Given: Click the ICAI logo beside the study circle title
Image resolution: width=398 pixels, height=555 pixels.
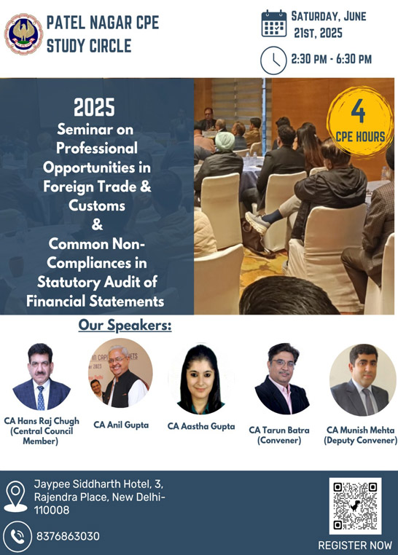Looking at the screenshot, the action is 23,34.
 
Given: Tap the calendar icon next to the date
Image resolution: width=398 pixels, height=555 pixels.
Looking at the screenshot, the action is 273,24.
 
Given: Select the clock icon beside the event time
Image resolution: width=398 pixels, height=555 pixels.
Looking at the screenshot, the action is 273,60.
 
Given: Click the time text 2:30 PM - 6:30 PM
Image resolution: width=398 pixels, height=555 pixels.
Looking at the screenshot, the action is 332,59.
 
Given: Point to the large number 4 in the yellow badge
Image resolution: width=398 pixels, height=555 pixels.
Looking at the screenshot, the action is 358,111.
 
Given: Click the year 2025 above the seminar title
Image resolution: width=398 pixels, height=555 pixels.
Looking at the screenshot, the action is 94,107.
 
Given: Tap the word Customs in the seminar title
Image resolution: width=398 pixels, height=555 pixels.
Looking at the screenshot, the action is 97,205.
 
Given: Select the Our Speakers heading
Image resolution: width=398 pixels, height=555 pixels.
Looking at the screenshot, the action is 125,326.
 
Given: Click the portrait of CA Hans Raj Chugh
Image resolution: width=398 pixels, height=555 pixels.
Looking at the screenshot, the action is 41,377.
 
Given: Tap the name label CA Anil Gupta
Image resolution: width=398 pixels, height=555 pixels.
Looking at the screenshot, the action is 121,425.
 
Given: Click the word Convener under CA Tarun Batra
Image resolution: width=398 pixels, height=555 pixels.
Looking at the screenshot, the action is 279,441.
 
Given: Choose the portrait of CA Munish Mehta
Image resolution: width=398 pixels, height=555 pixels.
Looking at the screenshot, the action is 362,379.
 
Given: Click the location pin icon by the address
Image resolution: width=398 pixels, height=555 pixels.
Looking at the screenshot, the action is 15,496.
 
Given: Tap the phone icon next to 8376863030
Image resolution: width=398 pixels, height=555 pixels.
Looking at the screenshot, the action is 17,536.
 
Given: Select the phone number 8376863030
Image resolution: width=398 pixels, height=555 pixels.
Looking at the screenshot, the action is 68,536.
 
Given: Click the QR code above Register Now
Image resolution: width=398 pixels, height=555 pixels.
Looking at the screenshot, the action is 355,505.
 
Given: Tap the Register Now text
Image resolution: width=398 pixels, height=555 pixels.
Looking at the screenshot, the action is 355,545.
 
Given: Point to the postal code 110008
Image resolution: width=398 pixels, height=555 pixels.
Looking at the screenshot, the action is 52,510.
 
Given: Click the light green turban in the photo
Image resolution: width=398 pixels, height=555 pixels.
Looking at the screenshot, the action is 225,141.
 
